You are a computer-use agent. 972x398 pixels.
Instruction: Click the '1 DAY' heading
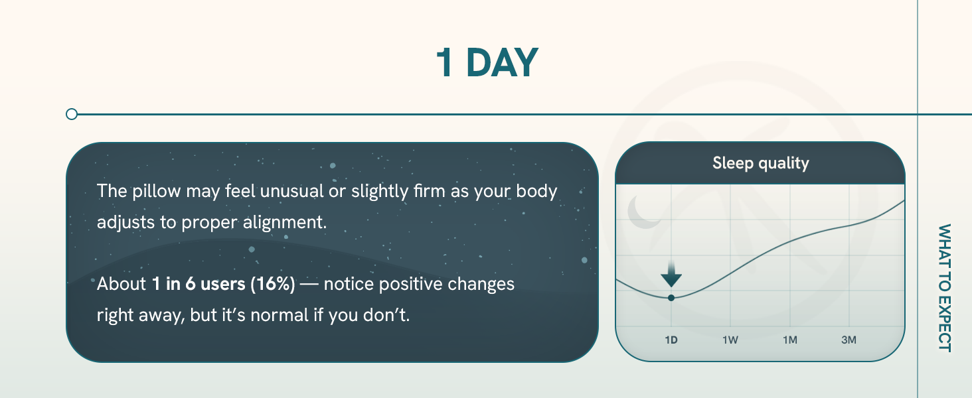[487, 63]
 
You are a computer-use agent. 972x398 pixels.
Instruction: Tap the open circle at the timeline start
[72, 114]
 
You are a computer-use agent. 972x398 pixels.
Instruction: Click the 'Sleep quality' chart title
[761, 163]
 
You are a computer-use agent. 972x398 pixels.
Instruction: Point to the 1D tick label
[671, 340]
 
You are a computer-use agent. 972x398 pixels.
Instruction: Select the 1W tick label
[730, 340]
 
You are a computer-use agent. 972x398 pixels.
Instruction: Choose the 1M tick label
[790, 340]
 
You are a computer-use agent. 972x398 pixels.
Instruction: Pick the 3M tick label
[849, 340]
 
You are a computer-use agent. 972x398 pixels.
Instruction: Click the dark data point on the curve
[671, 298]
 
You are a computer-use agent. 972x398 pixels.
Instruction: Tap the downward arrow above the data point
[671, 275]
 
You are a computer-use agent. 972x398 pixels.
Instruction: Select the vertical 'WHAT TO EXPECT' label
[945, 288]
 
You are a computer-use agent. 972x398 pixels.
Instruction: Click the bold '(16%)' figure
[272, 284]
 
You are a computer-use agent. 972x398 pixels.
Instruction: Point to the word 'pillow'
[156, 191]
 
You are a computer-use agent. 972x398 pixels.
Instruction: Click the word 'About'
[121, 284]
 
